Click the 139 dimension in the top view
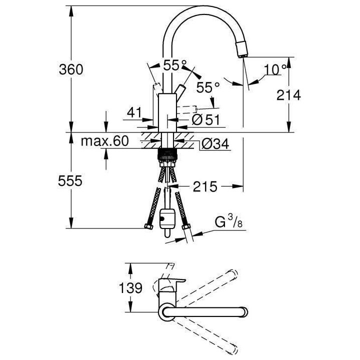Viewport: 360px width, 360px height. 131,288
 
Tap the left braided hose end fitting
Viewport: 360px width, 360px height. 148,227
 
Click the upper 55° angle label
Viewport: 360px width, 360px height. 174,64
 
